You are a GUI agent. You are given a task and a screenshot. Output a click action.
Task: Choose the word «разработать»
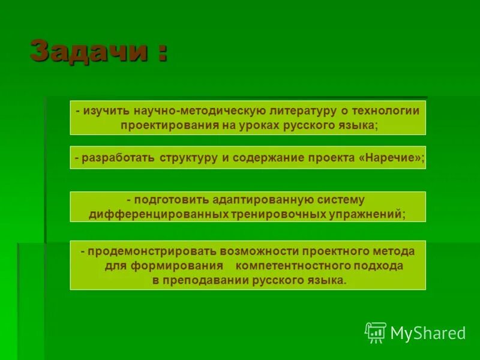[119, 157]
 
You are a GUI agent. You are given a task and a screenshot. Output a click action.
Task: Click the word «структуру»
[188, 157]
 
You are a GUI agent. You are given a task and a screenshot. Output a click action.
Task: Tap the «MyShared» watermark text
[428, 333]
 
